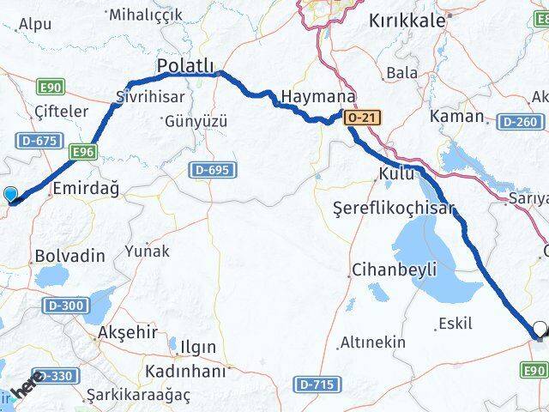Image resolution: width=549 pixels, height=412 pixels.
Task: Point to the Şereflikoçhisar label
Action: click(x=392, y=208)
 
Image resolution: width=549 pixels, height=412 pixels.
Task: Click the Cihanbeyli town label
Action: click(x=393, y=270)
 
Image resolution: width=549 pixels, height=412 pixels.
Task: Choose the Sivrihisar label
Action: click(x=143, y=97)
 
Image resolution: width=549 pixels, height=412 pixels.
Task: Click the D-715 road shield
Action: click(x=316, y=382)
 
